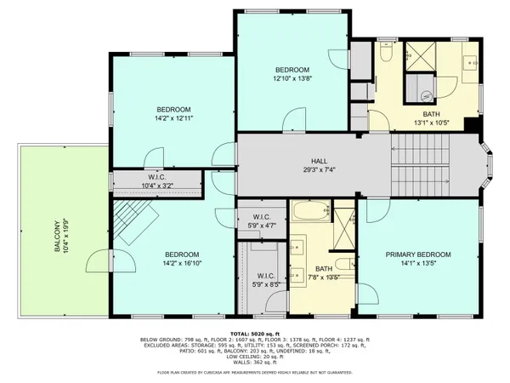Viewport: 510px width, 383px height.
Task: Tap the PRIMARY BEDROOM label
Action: (417, 254)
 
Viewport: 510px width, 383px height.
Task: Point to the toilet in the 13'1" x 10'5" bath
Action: (386, 55)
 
